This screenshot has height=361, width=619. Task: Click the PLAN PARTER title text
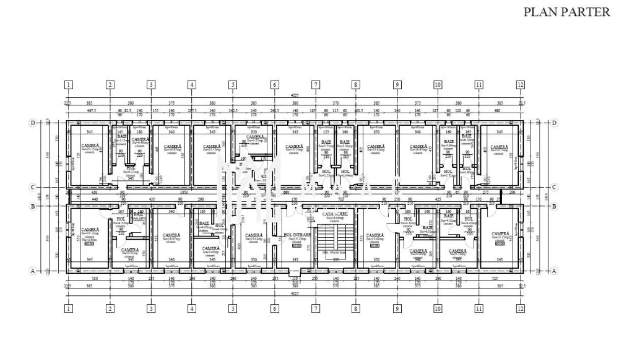[566, 12]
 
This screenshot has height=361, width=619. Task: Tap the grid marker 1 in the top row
[68, 85]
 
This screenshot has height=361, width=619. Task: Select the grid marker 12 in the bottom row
[520, 309]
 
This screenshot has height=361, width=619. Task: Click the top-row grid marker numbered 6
[274, 85]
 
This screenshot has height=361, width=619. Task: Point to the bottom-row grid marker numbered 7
[316, 309]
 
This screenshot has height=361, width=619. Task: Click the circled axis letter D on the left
[33, 123]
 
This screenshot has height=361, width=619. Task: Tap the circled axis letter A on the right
[554, 270]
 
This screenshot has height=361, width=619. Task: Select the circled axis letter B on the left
[33, 206]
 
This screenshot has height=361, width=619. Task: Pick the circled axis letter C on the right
[554, 187]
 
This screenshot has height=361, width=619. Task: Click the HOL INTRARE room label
[297, 235]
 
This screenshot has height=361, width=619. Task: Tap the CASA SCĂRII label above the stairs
[335, 214]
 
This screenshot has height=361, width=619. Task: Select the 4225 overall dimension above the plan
[295, 96]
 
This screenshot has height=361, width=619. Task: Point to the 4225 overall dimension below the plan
[295, 293]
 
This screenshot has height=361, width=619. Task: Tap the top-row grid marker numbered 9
[397, 85]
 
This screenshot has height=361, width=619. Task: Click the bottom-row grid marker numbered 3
[151, 309]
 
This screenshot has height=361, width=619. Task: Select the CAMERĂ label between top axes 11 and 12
[499, 148]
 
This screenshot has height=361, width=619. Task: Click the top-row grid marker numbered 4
[192, 85]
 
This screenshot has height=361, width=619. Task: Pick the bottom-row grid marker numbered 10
[437, 309]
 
